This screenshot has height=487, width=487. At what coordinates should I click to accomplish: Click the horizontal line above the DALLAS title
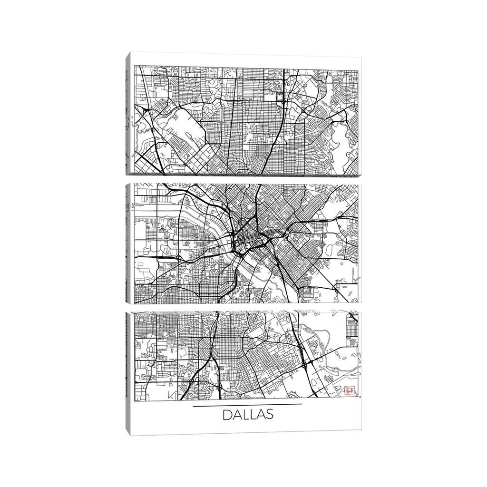coord(248,405)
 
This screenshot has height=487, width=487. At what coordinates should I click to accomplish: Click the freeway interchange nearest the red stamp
coord(305,365)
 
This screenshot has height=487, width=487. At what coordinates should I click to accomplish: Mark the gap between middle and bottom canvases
coord(245,307)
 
